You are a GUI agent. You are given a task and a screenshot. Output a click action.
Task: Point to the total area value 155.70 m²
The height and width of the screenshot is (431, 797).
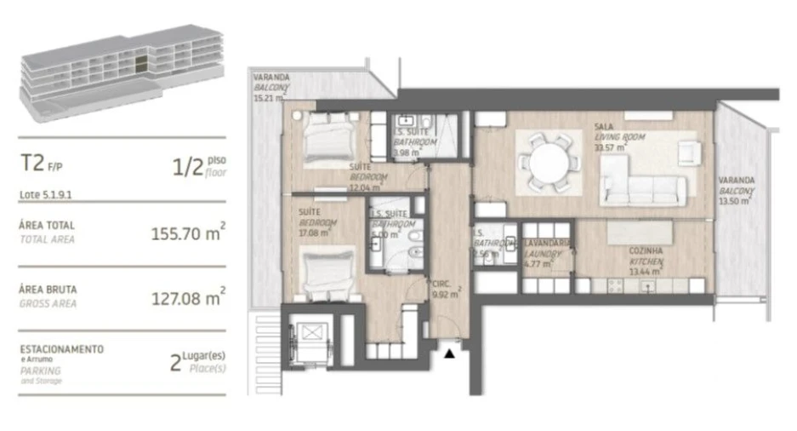point(187,233)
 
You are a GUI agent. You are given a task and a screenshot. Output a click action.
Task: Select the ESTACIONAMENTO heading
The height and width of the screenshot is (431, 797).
point(61,349)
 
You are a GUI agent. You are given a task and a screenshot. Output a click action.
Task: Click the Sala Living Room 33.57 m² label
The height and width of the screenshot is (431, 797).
point(618,136)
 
